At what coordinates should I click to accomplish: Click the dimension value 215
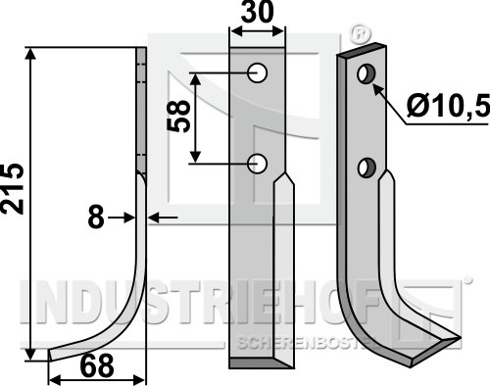click(x=13, y=189)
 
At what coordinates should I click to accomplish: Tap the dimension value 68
click(x=97, y=366)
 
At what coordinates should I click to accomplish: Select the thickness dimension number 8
click(x=96, y=217)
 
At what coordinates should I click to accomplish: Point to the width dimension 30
click(x=257, y=12)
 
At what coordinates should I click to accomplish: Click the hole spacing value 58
click(x=178, y=116)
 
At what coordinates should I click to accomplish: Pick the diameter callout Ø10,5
click(x=449, y=106)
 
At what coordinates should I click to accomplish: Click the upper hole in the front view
click(x=258, y=72)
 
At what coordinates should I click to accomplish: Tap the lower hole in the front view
click(x=258, y=163)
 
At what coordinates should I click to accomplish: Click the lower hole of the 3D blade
click(x=367, y=168)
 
